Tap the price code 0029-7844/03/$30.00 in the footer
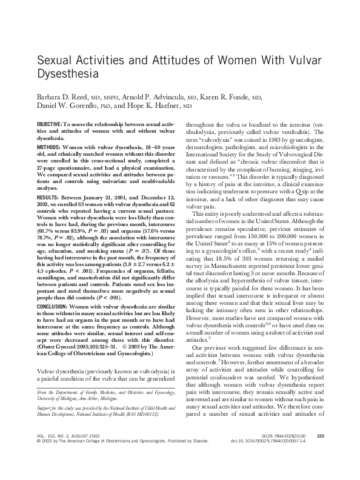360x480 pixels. click(x=284, y=452)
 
